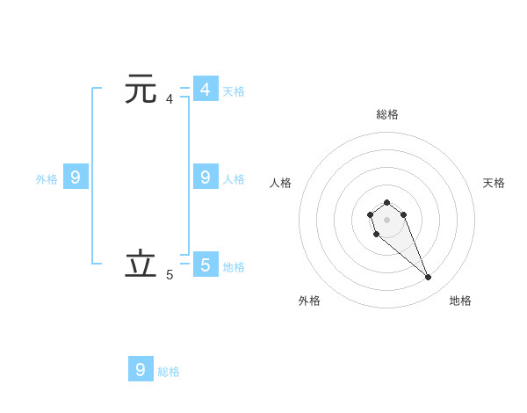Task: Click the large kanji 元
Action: pos(141,90)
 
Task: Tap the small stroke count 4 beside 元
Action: pos(170,99)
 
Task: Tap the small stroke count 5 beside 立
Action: pos(170,275)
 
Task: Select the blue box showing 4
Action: pos(206,90)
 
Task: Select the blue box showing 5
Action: pos(206,264)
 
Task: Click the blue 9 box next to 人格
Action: pos(206,178)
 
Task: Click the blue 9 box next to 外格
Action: pos(76,178)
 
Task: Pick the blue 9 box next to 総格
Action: pos(141,369)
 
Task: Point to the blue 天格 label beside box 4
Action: pos(234,91)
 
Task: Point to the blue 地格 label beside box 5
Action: pos(234,266)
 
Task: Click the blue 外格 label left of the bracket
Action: pos(47,179)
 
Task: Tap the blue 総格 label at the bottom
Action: pos(169,372)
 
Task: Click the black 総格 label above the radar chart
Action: pos(387,114)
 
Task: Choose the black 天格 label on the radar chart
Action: pos(495,183)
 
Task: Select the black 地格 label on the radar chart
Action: pos(460,301)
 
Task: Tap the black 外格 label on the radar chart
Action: pos(309,301)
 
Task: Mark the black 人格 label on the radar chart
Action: pos(281,183)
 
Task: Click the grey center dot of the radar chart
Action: pos(386,218)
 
